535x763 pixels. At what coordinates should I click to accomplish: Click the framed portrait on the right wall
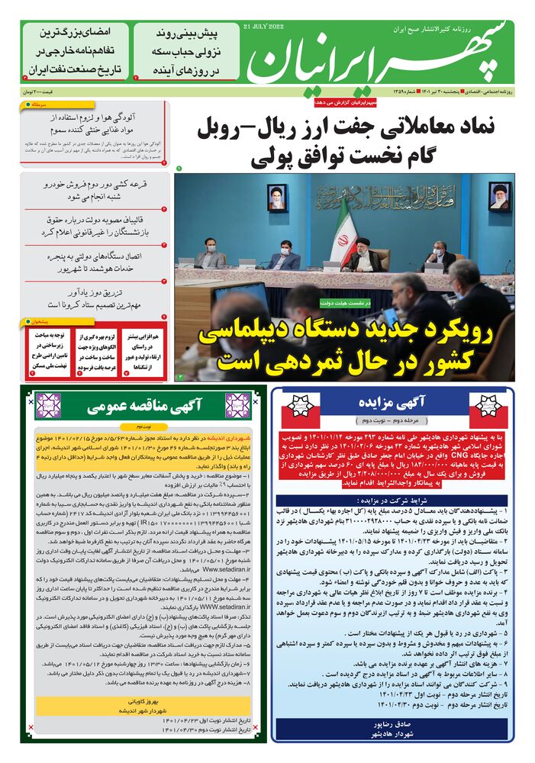pos(499,195)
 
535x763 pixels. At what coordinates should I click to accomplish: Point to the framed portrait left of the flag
pos(276,197)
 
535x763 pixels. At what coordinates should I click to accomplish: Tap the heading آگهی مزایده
pos(391,404)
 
